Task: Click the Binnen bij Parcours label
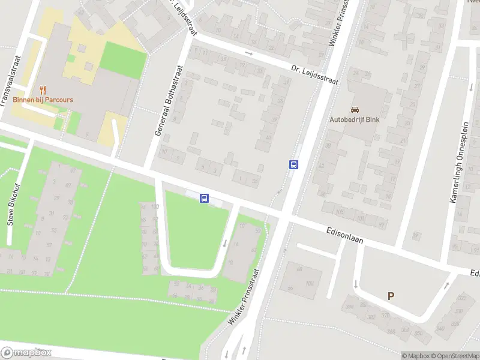pyautogui.click(x=43, y=100)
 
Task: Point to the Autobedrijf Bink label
pyautogui.click(x=355, y=119)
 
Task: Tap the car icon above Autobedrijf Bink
pyautogui.click(x=355, y=110)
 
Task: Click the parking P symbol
pyautogui.click(x=391, y=295)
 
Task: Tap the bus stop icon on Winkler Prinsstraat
pyautogui.click(x=294, y=164)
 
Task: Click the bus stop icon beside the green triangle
pyautogui.click(x=204, y=198)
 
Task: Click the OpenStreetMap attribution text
pyautogui.click(x=451, y=356)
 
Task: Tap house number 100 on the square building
pyautogui.click(x=310, y=283)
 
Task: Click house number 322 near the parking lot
pyautogui.click(x=461, y=298)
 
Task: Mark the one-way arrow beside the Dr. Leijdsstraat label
pyautogui.click(x=248, y=53)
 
